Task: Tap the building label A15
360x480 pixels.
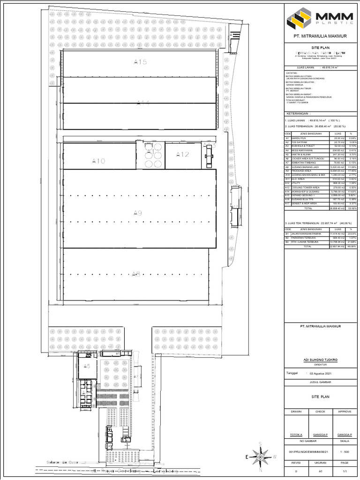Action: [140, 62]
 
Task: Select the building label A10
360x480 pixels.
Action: [99, 161]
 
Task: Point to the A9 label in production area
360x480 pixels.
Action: [137, 213]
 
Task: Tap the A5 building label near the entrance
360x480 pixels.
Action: [87, 366]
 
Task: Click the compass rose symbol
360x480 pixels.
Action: [259, 455]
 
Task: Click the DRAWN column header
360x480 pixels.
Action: [296, 412]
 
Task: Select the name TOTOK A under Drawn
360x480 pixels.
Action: [296, 435]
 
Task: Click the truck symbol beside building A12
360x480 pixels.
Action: [208, 155]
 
